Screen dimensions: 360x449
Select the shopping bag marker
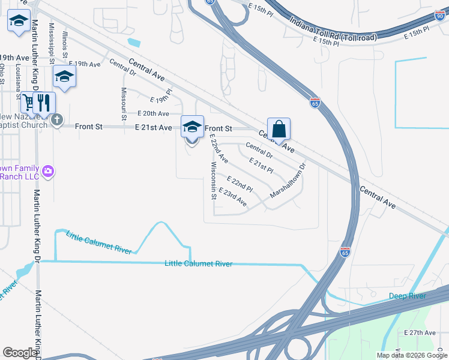coord(279,129)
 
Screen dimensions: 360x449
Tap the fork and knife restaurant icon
coord(43,103)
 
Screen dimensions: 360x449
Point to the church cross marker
coord(56,119)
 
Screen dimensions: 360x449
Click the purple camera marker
coord(48,172)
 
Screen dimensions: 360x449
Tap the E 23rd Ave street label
coord(233,197)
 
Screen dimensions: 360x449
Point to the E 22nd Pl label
coord(240,184)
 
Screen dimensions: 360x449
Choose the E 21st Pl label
coord(261,166)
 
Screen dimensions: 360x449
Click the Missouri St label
coord(124,104)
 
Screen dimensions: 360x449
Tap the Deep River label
coord(407,296)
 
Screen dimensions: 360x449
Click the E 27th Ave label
coord(420,332)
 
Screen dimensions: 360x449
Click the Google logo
coord(20,353)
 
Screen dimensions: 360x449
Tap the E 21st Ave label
coord(154,128)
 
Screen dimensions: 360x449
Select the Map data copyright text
coord(412,355)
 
